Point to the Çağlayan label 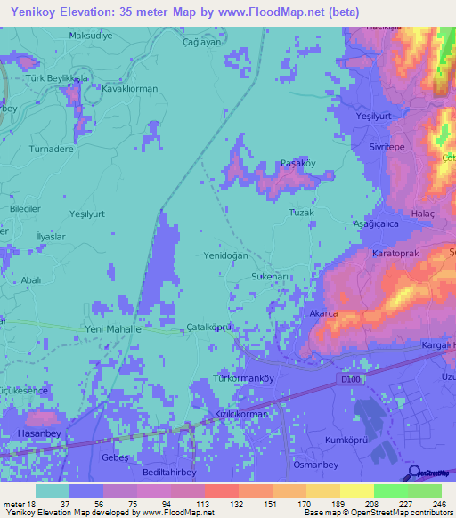tap(201, 42)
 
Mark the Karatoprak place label tap(396, 253)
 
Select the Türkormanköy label tap(242, 378)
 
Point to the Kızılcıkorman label tap(241, 414)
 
